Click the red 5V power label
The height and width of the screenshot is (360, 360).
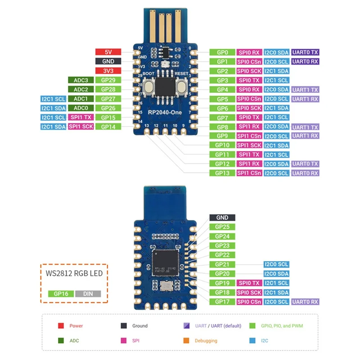coord(108,52)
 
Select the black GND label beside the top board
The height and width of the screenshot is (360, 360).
coord(108,61)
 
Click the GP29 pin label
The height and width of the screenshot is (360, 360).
coord(108,80)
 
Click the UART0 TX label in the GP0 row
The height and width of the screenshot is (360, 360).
coord(305,52)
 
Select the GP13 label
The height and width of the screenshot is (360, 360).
coord(222,173)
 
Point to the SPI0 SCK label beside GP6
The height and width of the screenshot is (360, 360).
coord(249,108)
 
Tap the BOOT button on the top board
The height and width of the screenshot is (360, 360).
coord(147,86)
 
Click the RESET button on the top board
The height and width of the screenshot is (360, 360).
coord(182,86)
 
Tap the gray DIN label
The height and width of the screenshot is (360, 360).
coord(88,293)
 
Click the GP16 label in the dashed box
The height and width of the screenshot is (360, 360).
coord(61,293)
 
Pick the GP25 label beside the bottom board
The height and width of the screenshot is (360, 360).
coord(222,227)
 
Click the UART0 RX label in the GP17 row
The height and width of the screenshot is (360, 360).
coord(305,302)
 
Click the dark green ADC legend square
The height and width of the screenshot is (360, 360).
coord(61,341)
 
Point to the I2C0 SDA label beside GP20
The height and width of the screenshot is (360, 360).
coord(276,274)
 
